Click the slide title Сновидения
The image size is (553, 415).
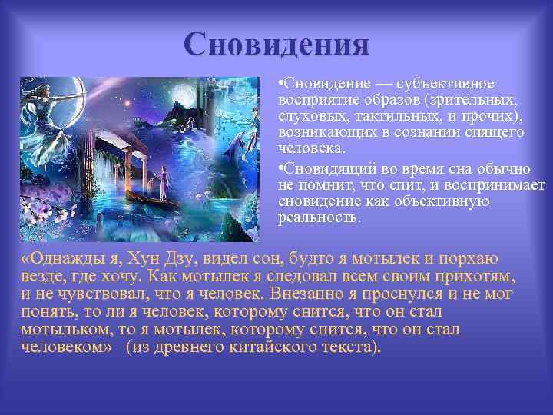click(x=276, y=44)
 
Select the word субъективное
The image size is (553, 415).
click(x=449, y=83)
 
